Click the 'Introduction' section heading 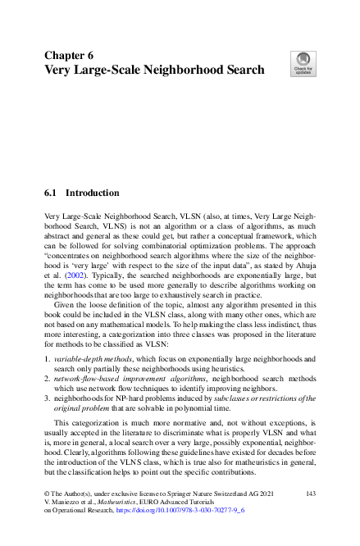[x=92, y=193]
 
